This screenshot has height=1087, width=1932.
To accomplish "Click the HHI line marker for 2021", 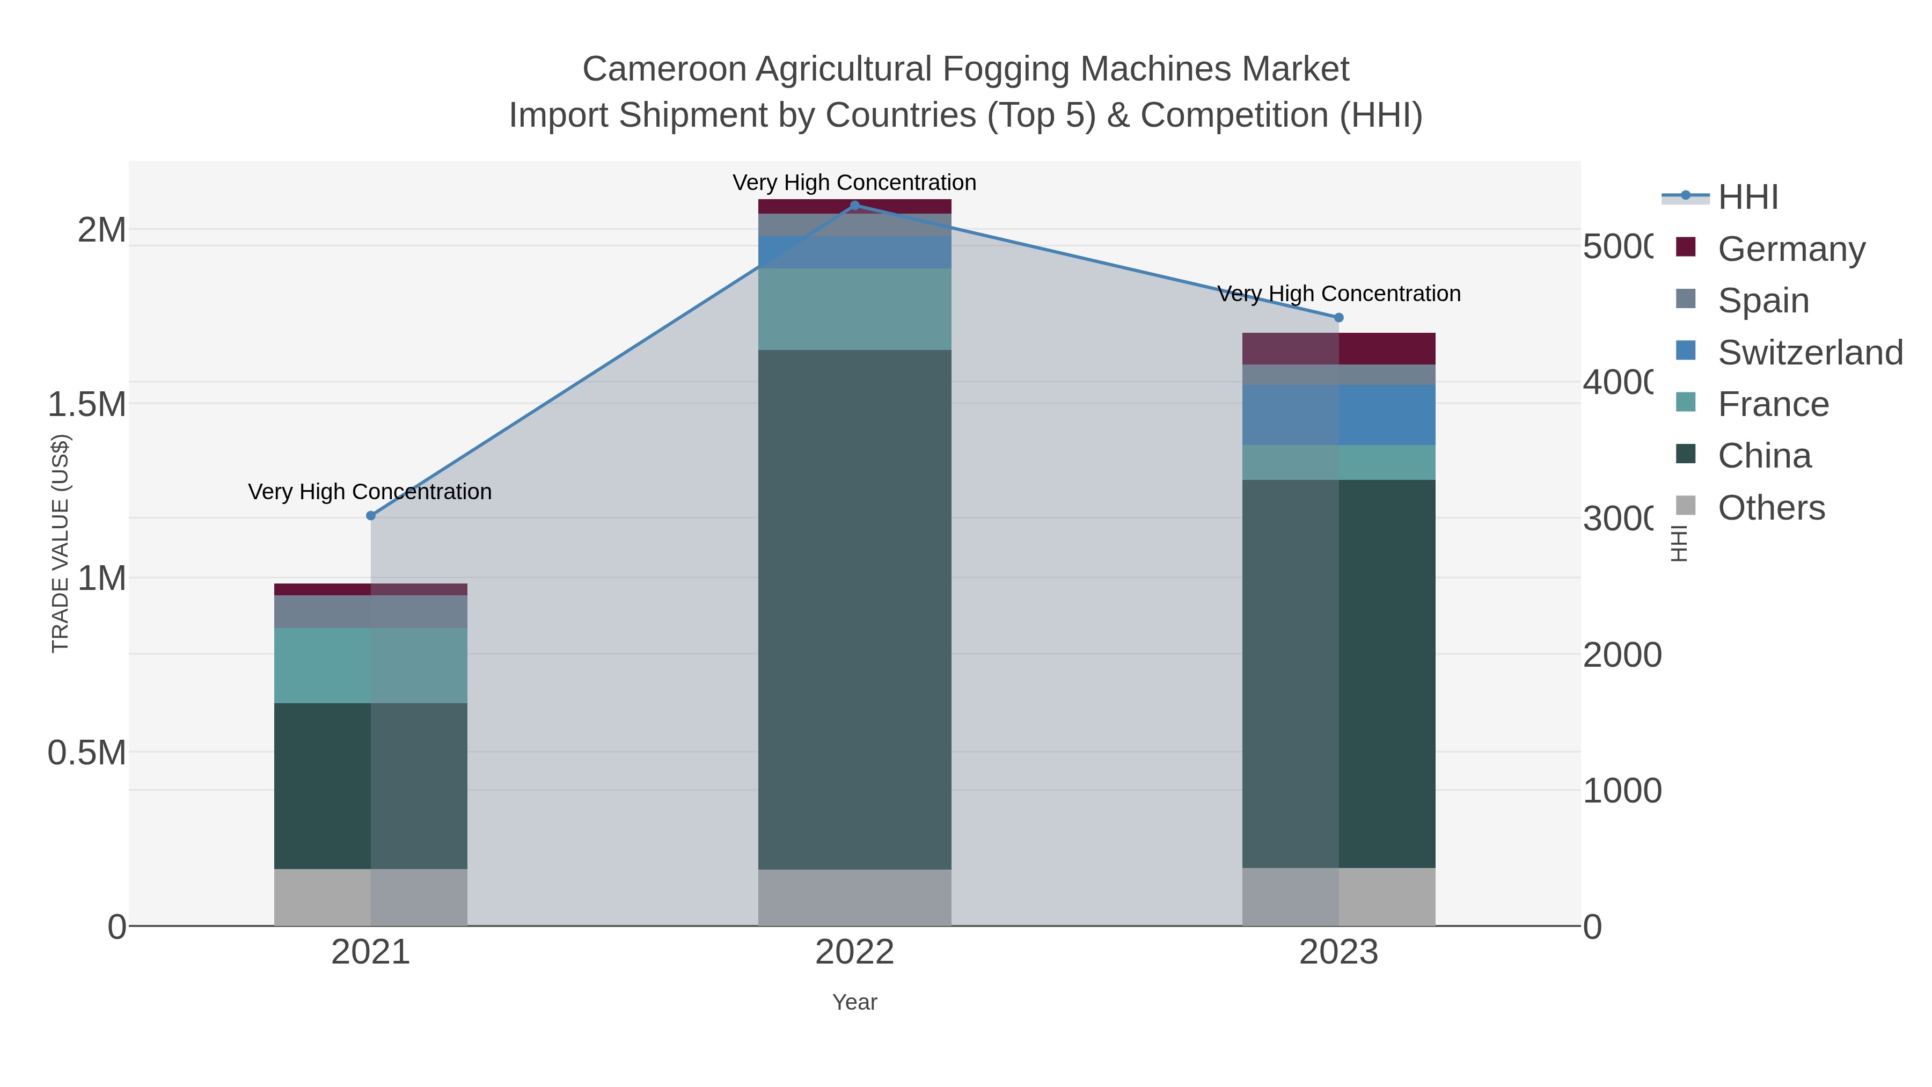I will pos(370,515).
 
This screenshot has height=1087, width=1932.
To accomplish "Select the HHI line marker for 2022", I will pos(854,206).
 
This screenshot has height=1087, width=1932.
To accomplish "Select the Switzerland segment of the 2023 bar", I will pos(1339,415).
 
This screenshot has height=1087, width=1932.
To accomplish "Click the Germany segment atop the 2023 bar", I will pos(1339,348).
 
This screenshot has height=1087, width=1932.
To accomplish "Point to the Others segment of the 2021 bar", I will pos(370,896).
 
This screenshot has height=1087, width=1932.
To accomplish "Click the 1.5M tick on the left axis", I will pos(87,404).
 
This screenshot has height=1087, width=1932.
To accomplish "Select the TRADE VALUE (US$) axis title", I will pos(60,543).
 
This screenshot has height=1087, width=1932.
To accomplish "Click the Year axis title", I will pos(854,1002).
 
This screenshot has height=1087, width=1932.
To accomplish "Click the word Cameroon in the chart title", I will pos(664,69).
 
